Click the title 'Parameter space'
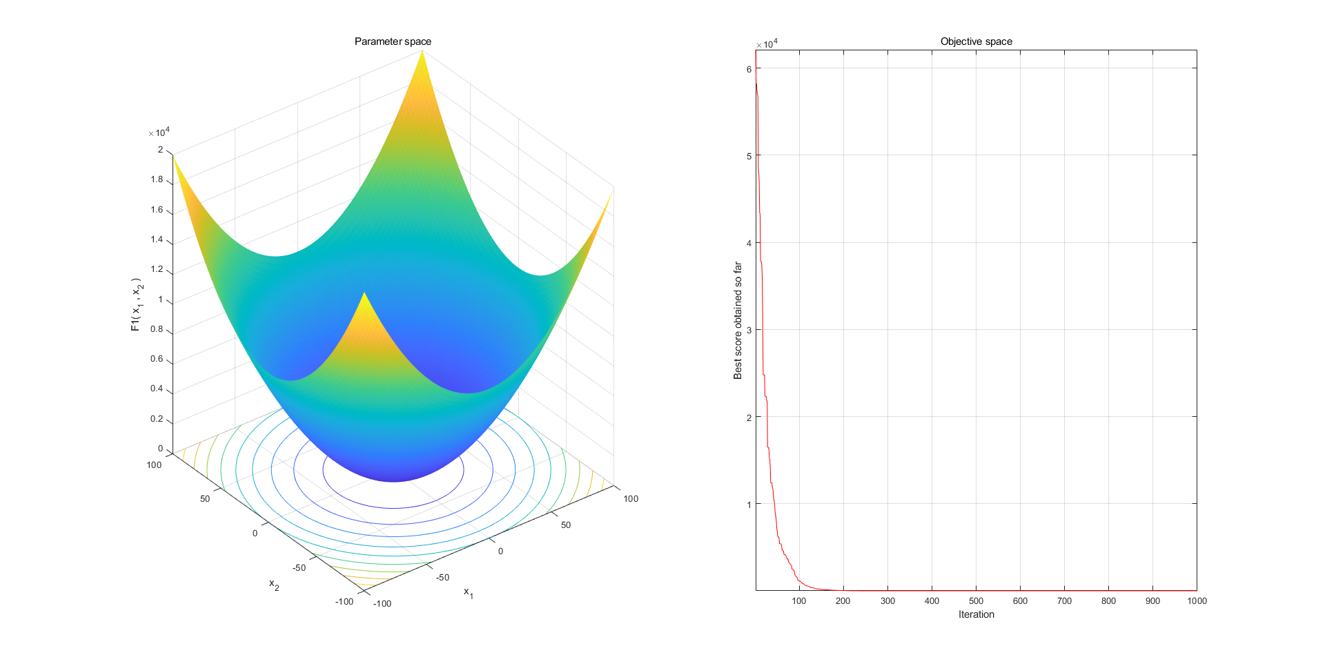click(x=393, y=41)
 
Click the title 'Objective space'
click(x=976, y=41)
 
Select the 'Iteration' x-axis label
click(x=976, y=614)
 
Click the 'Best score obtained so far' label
click(x=738, y=320)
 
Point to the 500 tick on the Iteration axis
click(x=976, y=601)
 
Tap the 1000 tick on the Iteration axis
click(x=1197, y=601)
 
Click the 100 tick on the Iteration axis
click(x=799, y=601)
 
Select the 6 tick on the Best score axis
click(x=749, y=69)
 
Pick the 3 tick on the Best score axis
click(x=749, y=330)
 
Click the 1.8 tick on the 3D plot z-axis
click(x=157, y=179)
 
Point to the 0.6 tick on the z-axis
click(x=157, y=359)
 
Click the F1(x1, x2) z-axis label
click(x=137, y=305)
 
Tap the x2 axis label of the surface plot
click(x=274, y=585)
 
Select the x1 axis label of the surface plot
click(x=469, y=592)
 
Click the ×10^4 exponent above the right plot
click(x=767, y=44)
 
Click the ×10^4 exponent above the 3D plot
click(x=159, y=133)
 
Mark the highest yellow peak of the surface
click(x=422, y=52)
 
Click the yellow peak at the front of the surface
click(x=364, y=295)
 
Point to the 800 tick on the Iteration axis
click(x=1108, y=601)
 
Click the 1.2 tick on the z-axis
click(x=157, y=269)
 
